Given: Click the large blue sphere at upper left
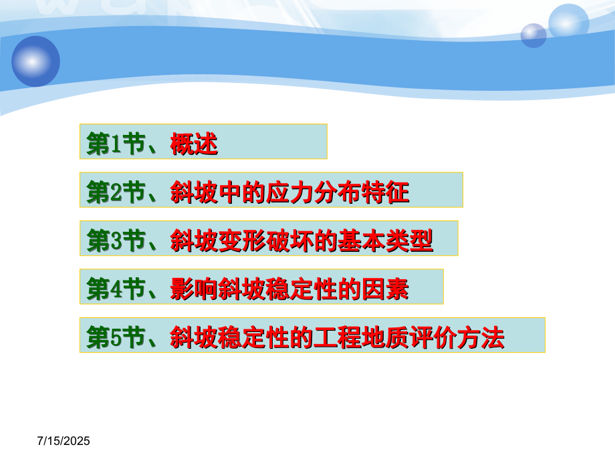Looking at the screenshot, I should point(35,61).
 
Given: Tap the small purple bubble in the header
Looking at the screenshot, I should point(533,35).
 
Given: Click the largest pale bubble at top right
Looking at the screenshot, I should point(568,21).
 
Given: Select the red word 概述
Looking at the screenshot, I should point(194,144).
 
